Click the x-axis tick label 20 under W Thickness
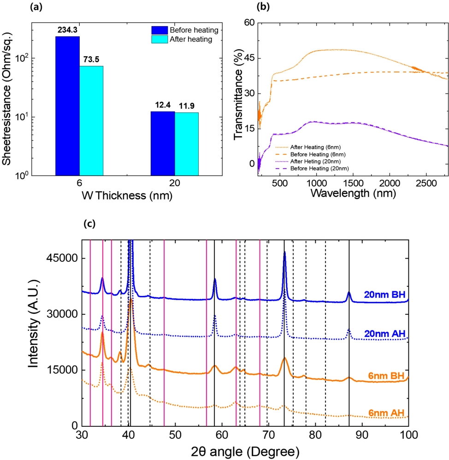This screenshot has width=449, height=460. click(175, 183)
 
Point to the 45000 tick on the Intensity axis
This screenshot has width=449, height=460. click(62, 258)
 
